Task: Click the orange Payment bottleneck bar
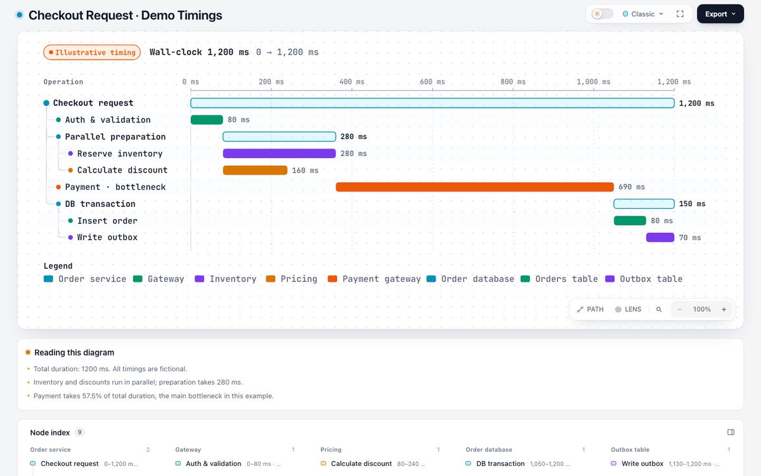(474, 187)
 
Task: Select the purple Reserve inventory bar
(279, 154)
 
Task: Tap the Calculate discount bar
(255, 170)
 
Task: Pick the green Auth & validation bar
(207, 120)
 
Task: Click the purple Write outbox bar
(660, 237)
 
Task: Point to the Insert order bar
(630, 221)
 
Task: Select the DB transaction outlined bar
(644, 204)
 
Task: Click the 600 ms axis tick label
(432, 82)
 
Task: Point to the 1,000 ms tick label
(594, 82)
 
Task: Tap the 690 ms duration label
(632, 187)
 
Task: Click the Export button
(720, 14)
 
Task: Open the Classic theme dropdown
(643, 14)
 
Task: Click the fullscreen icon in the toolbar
(680, 14)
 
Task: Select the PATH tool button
(590, 310)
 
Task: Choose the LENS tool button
(628, 310)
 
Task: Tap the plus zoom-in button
(724, 310)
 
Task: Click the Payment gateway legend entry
(374, 279)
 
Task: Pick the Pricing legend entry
(292, 279)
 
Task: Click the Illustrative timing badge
(92, 52)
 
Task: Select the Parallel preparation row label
(115, 136)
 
